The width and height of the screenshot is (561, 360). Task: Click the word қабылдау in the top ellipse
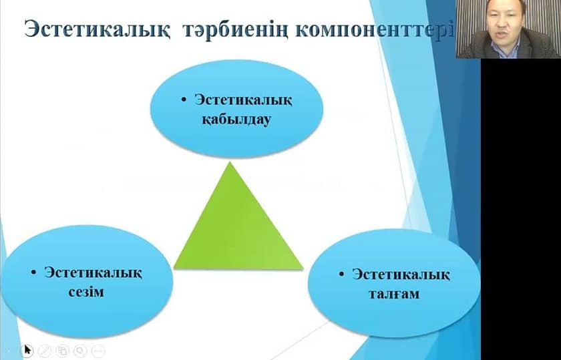[236, 120]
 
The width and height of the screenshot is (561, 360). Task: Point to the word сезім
[86, 292]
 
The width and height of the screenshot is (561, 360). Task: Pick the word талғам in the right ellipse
[393, 294]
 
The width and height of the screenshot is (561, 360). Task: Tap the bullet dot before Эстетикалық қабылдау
[184, 100]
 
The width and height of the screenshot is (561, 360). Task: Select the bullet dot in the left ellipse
[33, 273]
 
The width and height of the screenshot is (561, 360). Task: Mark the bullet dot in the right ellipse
[341, 274]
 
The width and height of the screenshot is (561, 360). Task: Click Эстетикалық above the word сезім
[93, 273]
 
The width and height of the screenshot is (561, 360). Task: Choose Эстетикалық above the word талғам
[401, 275]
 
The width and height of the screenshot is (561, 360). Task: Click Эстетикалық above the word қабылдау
[243, 100]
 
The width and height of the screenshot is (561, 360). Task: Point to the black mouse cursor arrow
[27, 349]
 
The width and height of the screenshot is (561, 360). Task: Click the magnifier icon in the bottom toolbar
[80, 351]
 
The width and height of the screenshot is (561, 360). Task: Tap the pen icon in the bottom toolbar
[45, 351]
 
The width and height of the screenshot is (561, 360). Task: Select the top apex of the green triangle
[230, 162]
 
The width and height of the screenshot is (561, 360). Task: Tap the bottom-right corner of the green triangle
[303, 268]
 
